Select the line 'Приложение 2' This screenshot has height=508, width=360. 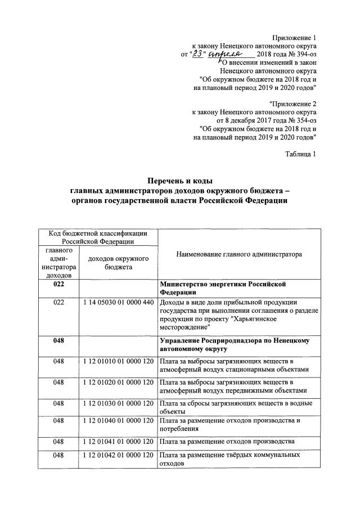[292, 103]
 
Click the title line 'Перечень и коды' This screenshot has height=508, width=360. [179, 181]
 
